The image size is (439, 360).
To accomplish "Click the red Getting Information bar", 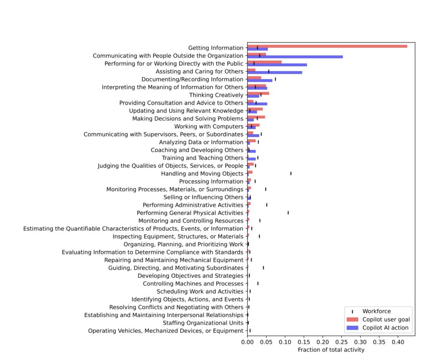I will point(326,46).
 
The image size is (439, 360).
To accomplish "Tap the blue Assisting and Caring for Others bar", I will point(274,72).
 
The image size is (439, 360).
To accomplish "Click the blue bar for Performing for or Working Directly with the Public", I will point(277,65).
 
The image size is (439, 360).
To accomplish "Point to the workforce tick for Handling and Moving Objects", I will point(291,174).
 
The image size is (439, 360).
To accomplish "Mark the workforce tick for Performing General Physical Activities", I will point(288,213).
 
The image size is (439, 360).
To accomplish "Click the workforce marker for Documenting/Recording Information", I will point(275,79).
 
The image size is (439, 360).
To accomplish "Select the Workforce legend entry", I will point(376,311).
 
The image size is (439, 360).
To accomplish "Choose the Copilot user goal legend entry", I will point(386,319).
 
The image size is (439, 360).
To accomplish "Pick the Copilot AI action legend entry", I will point(385,328).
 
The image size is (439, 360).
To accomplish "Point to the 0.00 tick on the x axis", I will point(247,343).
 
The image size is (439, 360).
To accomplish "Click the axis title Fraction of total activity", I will point(331,350).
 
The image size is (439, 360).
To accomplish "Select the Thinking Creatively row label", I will point(216,95).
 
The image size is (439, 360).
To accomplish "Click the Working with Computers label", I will point(209,126).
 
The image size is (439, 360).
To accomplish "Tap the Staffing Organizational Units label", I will point(203,323).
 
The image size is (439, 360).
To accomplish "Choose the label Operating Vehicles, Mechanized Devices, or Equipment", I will point(165,330).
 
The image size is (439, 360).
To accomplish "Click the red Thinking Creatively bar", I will point(258,93).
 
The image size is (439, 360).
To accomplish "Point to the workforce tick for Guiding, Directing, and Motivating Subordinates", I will point(263,267).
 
